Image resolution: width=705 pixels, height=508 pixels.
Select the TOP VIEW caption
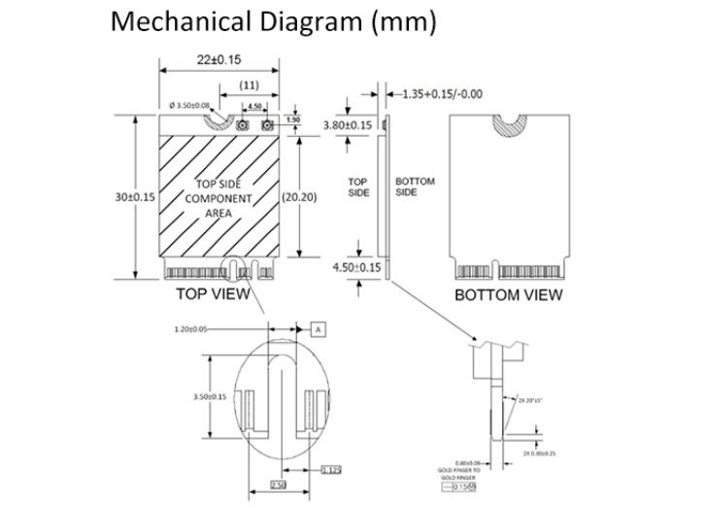pos(213,293)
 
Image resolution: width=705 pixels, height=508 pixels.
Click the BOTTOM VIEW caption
pos(508,294)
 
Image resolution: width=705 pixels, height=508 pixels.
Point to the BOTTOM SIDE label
pos(415,186)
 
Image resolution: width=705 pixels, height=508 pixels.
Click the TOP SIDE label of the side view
pos(359,186)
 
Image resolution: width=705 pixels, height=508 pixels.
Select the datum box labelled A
pos(318,329)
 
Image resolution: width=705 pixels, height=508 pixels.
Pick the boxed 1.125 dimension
pos(331,470)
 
